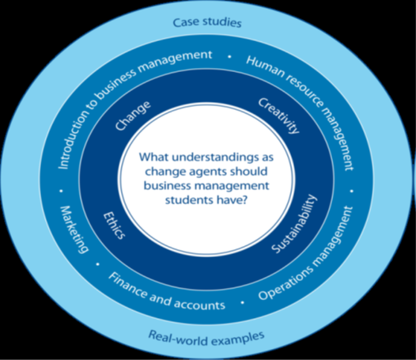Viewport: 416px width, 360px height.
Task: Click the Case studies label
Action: pyautogui.click(x=207, y=22)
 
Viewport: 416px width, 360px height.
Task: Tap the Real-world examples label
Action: pyautogui.click(x=206, y=338)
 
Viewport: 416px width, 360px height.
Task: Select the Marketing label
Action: pyautogui.click(x=74, y=229)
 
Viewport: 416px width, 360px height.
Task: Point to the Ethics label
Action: pyautogui.click(x=115, y=225)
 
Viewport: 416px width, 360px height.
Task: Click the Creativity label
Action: pyautogui.click(x=278, y=116)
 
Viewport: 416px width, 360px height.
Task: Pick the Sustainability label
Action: pyautogui.click(x=294, y=224)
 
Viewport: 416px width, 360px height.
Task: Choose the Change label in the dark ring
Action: pyautogui.click(x=133, y=116)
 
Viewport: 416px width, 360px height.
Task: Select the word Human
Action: pyautogui.click(x=265, y=67)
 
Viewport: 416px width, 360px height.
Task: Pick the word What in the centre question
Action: pyautogui.click(x=154, y=157)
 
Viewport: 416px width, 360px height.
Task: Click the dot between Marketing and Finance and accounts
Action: pyautogui.click(x=97, y=264)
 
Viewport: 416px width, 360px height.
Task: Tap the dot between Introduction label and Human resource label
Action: pyautogui.click(x=229, y=56)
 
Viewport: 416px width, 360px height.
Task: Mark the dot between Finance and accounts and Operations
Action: pyautogui.click(x=242, y=302)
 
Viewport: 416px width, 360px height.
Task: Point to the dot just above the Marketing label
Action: pyautogui.click(x=62, y=191)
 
